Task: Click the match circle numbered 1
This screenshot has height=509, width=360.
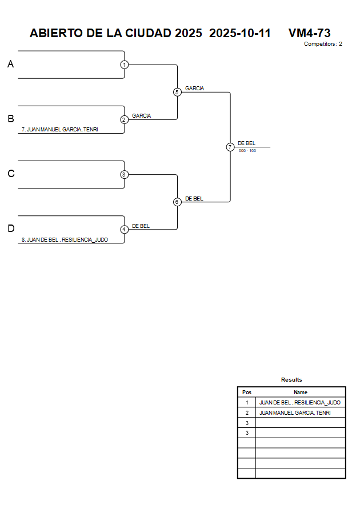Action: (124, 65)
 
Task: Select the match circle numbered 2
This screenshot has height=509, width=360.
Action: (124, 119)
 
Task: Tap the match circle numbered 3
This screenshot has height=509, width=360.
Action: (124, 174)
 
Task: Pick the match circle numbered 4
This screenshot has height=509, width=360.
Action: (124, 229)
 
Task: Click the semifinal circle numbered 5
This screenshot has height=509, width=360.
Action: (177, 92)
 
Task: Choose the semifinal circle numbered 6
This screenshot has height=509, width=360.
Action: (177, 202)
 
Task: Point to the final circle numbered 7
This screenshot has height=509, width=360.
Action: (230, 147)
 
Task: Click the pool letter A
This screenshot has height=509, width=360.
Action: (10, 65)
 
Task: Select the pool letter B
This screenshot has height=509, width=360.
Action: (10, 119)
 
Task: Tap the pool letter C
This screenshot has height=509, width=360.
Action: (10, 174)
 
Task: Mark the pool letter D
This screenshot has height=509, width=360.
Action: (10, 229)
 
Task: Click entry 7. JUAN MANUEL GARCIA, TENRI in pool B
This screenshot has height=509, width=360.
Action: (59, 130)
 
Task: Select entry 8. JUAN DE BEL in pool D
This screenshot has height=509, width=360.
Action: (65, 240)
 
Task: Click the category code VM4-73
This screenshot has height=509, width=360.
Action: (310, 33)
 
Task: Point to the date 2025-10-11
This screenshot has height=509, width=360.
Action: (240, 33)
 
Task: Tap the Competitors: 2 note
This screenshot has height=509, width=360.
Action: (323, 44)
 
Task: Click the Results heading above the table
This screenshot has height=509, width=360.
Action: (291, 379)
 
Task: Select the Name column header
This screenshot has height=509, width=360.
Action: (301, 392)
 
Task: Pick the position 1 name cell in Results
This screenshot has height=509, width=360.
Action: (300, 403)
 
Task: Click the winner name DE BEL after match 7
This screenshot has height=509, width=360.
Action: (246, 143)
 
